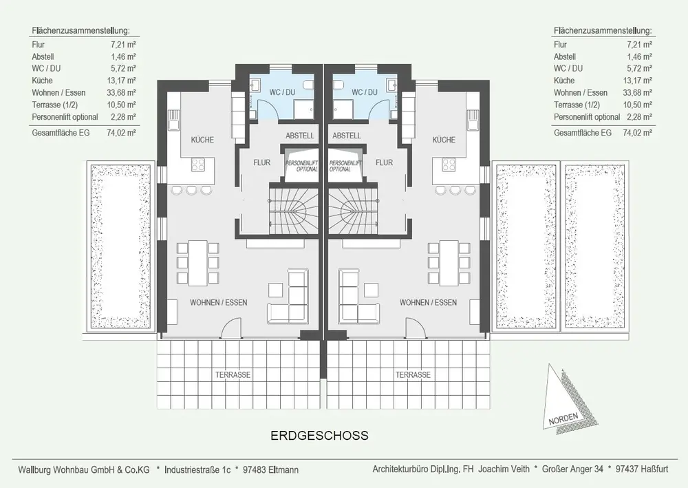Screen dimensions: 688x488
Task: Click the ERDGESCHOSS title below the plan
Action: pyautogui.click(x=319, y=435)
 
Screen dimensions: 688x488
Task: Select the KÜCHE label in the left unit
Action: pyautogui.click(x=202, y=140)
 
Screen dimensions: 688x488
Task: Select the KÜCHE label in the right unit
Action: pyautogui.click(x=444, y=140)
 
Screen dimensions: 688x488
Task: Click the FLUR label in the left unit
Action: pyautogui.click(x=262, y=162)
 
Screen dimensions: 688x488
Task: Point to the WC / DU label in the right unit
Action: pyautogui.click(x=365, y=92)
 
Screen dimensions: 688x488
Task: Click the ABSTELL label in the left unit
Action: pyautogui.click(x=300, y=136)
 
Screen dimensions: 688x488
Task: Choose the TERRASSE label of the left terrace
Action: pyautogui.click(x=233, y=375)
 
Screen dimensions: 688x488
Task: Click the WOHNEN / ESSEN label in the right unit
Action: pyautogui.click(x=428, y=302)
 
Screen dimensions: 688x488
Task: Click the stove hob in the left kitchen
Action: pyautogui.click(x=198, y=165)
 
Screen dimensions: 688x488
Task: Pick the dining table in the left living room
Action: pyautogui.click(x=198, y=262)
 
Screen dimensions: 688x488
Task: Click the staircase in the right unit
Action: pyautogui.click(x=353, y=209)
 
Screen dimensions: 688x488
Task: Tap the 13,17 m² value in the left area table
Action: pyautogui.click(x=121, y=81)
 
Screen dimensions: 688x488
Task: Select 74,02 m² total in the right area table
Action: pyautogui.click(x=637, y=133)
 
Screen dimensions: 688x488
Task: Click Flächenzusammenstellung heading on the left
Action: pyautogui.click(x=80, y=31)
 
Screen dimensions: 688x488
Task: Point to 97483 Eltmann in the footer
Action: pyautogui.click(x=270, y=469)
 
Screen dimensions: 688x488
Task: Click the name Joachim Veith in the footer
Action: pyautogui.click(x=504, y=469)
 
